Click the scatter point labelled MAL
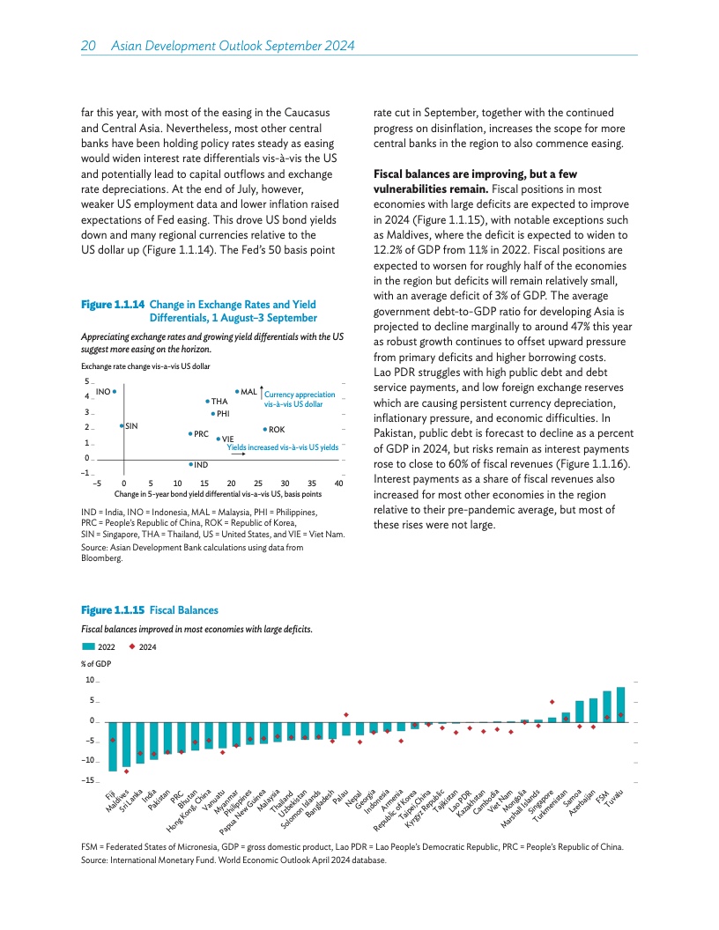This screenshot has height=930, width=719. (x=237, y=391)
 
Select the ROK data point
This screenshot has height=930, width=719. (x=265, y=429)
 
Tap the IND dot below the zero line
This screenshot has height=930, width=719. (x=190, y=464)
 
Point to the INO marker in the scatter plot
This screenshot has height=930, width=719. (x=115, y=391)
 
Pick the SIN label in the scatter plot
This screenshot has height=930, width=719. (x=130, y=426)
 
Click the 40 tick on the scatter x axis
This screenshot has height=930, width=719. (x=339, y=483)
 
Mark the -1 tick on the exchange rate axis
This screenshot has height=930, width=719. (x=86, y=475)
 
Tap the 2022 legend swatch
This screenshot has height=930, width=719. (x=91, y=647)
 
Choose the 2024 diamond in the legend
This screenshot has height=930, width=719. (x=132, y=647)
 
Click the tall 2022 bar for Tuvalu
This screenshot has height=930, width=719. (x=620, y=705)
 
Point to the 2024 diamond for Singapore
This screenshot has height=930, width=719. (x=552, y=702)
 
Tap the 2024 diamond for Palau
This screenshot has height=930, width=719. (x=346, y=714)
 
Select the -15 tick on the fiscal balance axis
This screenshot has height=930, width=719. (x=88, y=781)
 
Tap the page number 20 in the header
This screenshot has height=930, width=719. (x=89, y=45)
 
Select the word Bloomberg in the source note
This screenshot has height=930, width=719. (x=100, y=557)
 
